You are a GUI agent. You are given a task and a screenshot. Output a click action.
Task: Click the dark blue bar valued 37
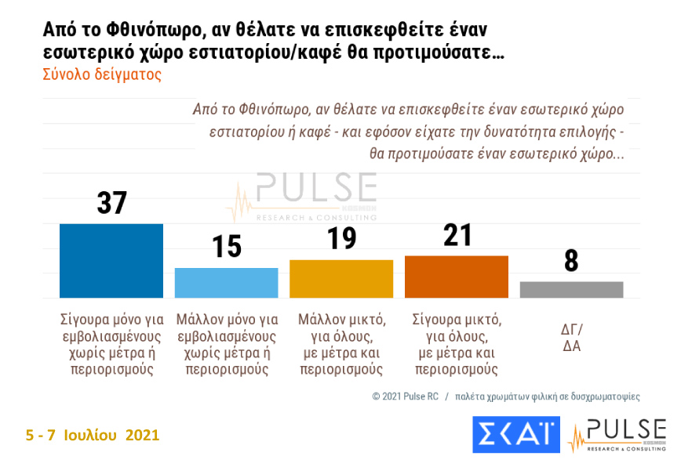coord(111,260)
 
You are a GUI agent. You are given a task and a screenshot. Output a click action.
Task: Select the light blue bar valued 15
coord(226,282)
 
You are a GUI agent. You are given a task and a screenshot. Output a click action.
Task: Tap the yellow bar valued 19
coord(341,278)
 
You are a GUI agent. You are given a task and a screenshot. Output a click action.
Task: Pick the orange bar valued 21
coord(457,276)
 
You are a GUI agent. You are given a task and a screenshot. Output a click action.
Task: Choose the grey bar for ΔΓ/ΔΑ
coord(571,289)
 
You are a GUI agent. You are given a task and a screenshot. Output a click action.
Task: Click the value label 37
coord(111,203)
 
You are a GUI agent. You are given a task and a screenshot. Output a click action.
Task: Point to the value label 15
coord(226,248)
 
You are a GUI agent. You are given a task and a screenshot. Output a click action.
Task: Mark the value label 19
coord(341,237)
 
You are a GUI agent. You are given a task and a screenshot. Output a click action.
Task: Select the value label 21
coord(457,235)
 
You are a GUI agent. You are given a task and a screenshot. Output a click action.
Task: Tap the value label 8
coord(571,261)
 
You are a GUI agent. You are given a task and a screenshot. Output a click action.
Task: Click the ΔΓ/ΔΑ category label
coord(571,336)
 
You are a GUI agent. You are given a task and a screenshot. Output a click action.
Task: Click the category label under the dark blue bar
coord(111,345)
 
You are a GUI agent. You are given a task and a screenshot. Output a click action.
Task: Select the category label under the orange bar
coord(457,345)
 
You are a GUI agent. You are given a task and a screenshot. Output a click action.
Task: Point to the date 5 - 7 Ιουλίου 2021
coord(93,434)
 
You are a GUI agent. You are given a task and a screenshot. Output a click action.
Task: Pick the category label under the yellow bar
coord(341,345)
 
